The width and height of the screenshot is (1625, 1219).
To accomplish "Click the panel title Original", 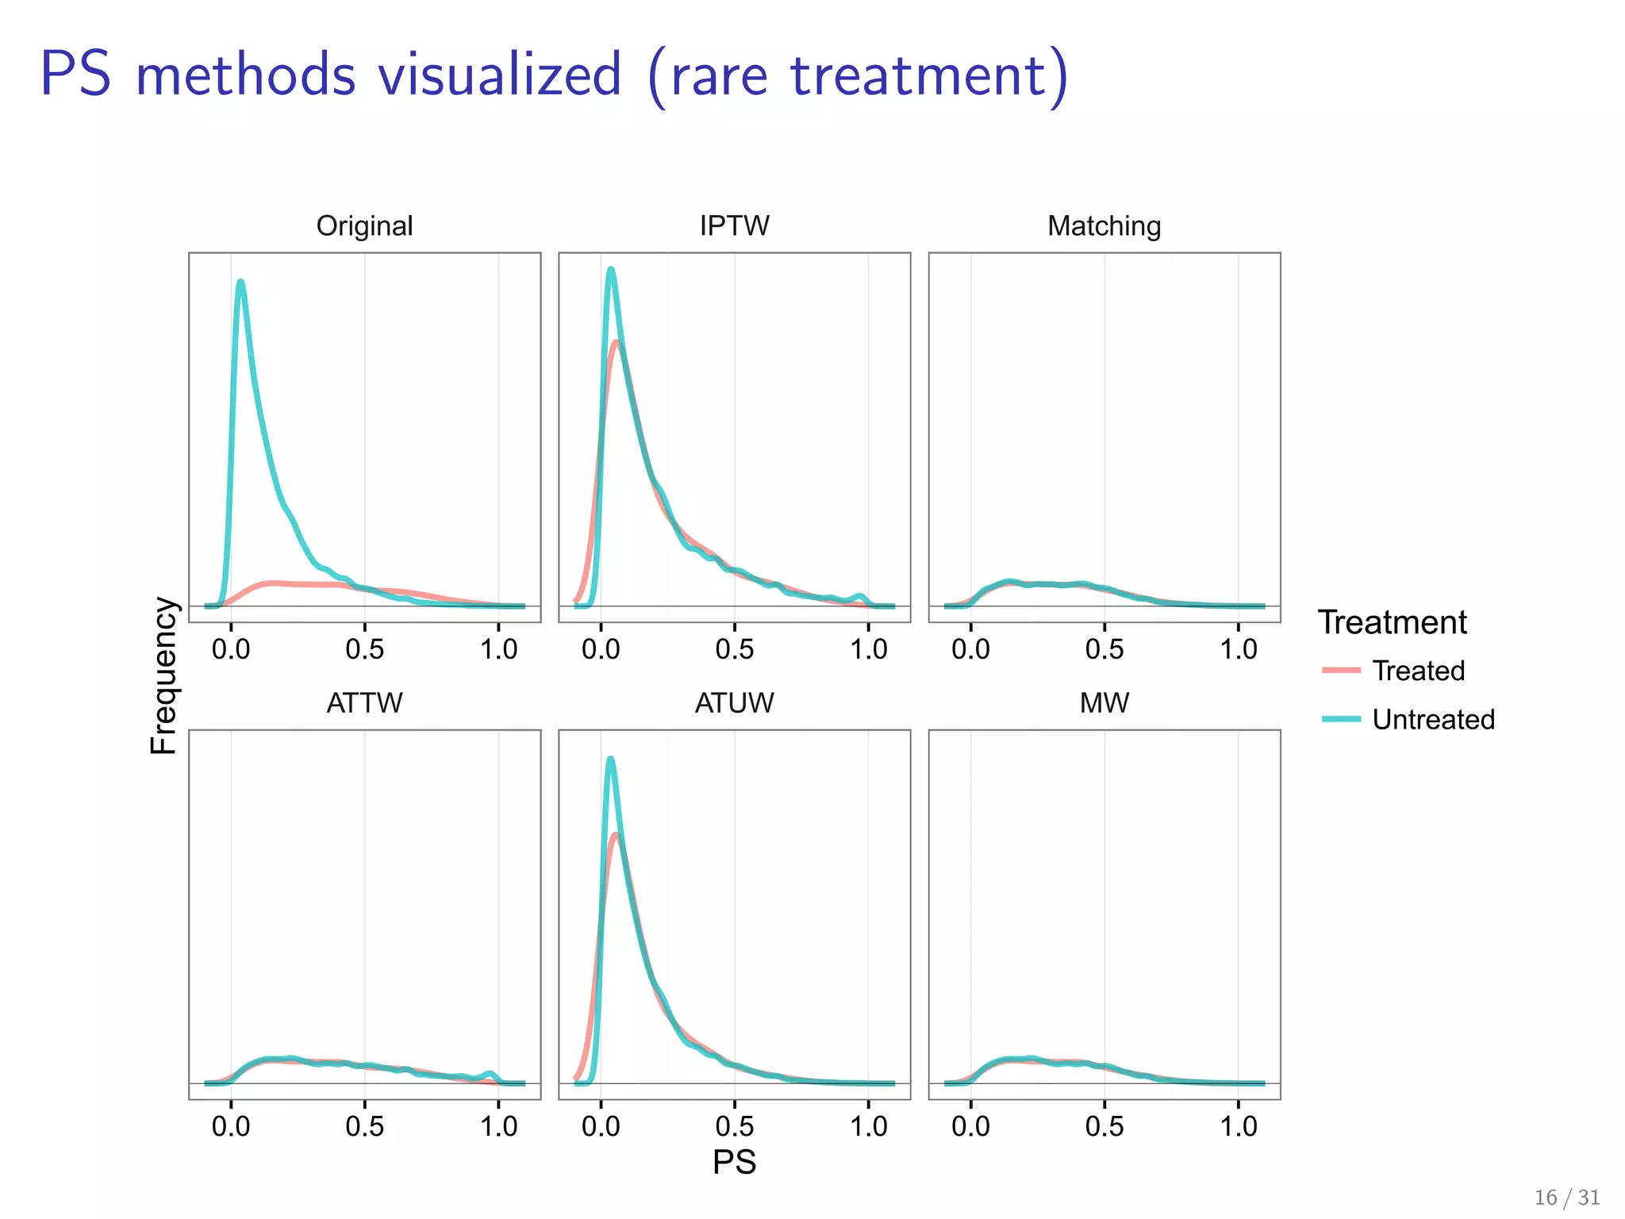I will click(x=364, y=226).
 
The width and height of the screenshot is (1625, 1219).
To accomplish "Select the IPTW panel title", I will click(x=734, y=226).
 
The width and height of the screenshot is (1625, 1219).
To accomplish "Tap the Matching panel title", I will click(x=1104, y=226).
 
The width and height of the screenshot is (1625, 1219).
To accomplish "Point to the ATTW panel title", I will click(x=364, y=703).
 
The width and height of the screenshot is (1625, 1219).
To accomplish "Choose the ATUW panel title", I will click(x=734, y=703).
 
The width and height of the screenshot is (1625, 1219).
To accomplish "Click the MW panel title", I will click(x=1104, y=703).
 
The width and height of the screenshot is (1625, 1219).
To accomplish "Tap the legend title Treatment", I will click(x=1392, y=622).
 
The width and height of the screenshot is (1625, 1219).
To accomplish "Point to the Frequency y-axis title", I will click(x=163, y=675).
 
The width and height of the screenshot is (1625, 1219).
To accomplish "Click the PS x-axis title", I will click(x=734, y=1162).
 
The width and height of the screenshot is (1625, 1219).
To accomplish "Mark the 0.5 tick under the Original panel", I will click(x=364, y=649).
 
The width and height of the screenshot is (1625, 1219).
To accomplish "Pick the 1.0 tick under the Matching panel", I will click(x=1238, y=649).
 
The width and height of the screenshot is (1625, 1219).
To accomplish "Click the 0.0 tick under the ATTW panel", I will click(x=231, y=1126).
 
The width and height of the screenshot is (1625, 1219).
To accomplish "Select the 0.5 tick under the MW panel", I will click(x=1104, y=1126).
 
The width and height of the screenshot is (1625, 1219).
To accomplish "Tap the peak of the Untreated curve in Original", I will click(x=240, y=281).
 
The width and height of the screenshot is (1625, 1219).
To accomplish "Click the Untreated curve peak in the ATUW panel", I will click(x=610, y=759).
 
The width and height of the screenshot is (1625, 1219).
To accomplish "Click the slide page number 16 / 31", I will click(x=1567, y=1198).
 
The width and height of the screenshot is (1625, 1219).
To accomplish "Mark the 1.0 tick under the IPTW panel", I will click(x=868, y=649).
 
